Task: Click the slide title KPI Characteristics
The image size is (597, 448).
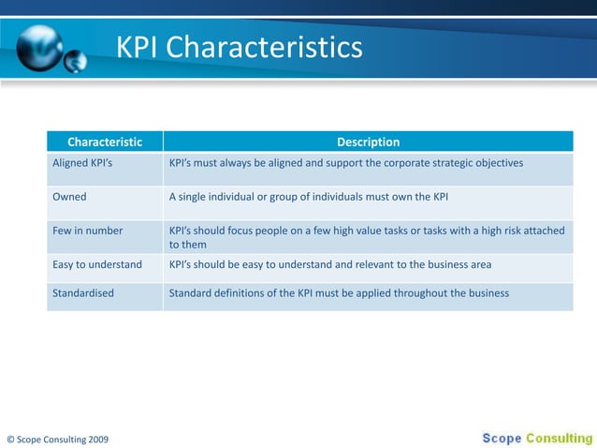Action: (x=239, y=46)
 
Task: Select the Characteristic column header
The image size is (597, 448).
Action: (x=105, y=142)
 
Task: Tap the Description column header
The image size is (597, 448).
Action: (x=368, y=142)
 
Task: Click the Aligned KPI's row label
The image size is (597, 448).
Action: (x=82, y=163)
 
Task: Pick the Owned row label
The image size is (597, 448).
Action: (x=69, y=197)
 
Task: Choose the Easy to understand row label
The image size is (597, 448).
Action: (x=97, y=265)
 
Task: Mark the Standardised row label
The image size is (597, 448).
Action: (x=83, y=293)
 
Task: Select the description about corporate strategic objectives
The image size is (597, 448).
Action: (x=345, y=163)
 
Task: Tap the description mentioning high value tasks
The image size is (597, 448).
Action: (x=366, y=237)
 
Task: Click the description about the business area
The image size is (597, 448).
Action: (x=329, y=265)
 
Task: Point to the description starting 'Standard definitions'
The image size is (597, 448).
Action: (x=339, y=293)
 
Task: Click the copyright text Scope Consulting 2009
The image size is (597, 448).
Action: (x=57, y=438)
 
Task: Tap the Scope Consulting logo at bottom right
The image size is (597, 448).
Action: (x=537, y=437)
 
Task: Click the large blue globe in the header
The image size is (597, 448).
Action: (x=39, y=44)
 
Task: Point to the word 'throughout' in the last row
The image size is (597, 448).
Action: (x=435, y=293)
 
